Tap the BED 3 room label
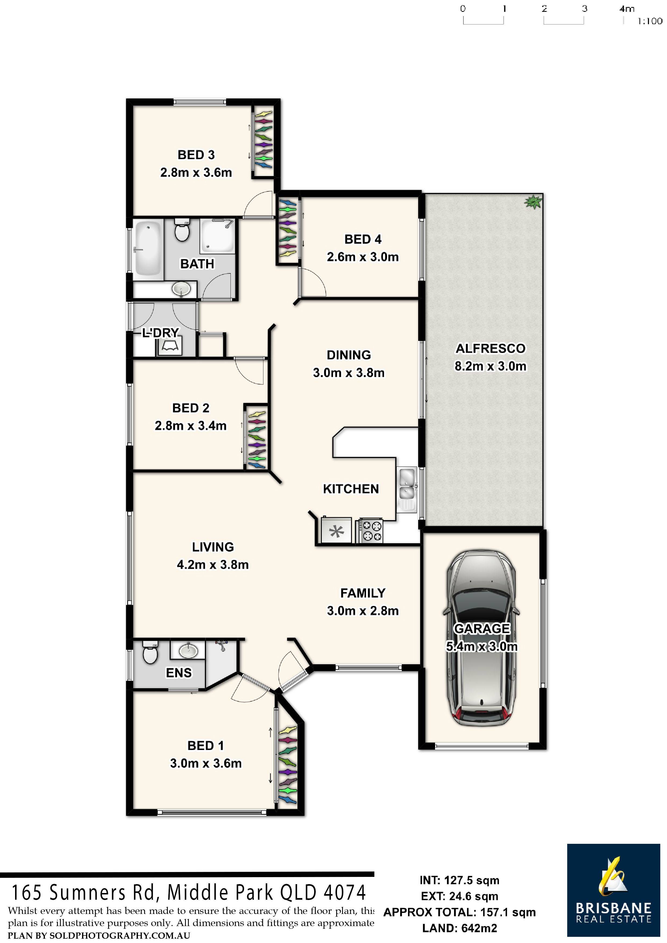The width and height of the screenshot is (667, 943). point(196,155)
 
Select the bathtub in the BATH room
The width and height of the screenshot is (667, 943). point(148,248)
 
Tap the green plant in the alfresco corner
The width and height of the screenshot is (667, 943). point(533,201)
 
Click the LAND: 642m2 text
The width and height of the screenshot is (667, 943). point(459,928)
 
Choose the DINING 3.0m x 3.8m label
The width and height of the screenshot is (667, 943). point(349,363)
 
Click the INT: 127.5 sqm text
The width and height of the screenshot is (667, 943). point(459,880)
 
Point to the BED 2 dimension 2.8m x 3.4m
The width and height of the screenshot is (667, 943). point(190,426)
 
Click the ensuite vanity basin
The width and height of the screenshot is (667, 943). point(188,650)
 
